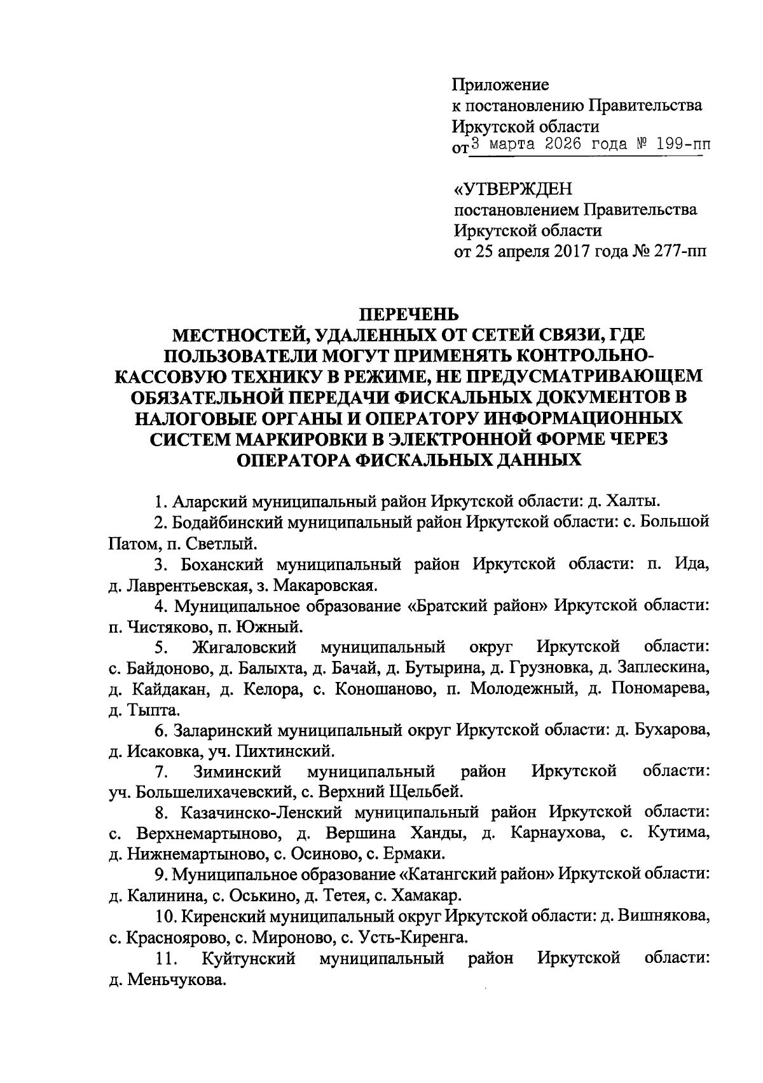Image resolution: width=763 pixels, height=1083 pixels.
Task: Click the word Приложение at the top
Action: point(500,85)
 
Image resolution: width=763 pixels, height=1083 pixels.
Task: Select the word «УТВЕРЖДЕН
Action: point(512,189)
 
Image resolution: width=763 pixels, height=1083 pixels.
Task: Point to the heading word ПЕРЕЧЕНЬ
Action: point(409,314)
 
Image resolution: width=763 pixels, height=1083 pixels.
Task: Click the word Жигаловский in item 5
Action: point(244,648)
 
